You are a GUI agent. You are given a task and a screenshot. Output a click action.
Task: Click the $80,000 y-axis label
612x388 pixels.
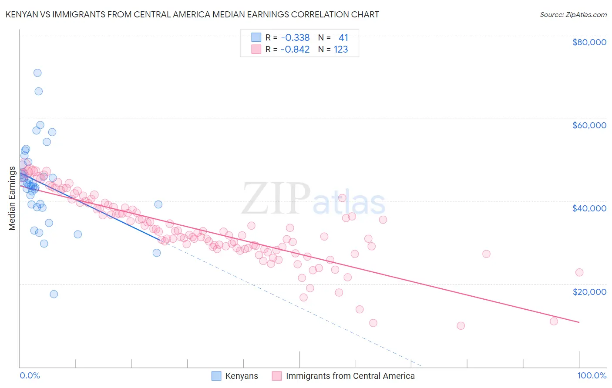point(589,42)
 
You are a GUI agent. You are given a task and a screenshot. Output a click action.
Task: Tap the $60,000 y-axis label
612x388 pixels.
point(589,125)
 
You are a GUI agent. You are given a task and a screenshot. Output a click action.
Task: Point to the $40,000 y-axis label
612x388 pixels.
point(589,208)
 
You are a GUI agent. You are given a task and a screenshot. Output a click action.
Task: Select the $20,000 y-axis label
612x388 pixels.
point(589,291)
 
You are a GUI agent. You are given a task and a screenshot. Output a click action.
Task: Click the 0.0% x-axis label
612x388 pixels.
point(30,375)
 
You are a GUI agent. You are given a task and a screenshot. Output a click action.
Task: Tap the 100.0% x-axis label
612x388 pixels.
point(592,375)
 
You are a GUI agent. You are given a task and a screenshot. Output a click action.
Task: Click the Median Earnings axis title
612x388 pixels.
point(12,198)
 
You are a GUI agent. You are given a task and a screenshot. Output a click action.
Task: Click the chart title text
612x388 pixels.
point(192,14)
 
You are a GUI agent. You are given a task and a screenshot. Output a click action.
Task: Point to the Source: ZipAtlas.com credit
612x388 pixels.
point(573,14)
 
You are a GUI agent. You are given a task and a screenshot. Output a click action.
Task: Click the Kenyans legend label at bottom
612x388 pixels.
point(242,376)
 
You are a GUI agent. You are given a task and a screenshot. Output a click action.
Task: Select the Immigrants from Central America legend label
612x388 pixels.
point(350,376)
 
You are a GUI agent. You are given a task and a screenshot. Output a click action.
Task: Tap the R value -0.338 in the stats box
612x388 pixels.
point(295,38)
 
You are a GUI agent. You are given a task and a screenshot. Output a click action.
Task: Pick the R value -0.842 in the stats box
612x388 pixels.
point(295,50)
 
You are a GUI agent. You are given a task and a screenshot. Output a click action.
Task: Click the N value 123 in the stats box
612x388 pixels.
point(341,50)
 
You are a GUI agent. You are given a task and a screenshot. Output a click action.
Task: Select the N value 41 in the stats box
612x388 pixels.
point(343,38)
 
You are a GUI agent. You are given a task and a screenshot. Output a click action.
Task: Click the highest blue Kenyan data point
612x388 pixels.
point(37,73)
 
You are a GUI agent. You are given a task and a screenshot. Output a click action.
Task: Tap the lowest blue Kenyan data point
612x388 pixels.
point(54,294)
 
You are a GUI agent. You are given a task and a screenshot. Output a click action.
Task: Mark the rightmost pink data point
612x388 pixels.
point(579,273)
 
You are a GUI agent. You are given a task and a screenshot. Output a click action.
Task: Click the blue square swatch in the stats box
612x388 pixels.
point(256,38)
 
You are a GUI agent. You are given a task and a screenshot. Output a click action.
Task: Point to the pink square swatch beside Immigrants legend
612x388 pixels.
point(277,376)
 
